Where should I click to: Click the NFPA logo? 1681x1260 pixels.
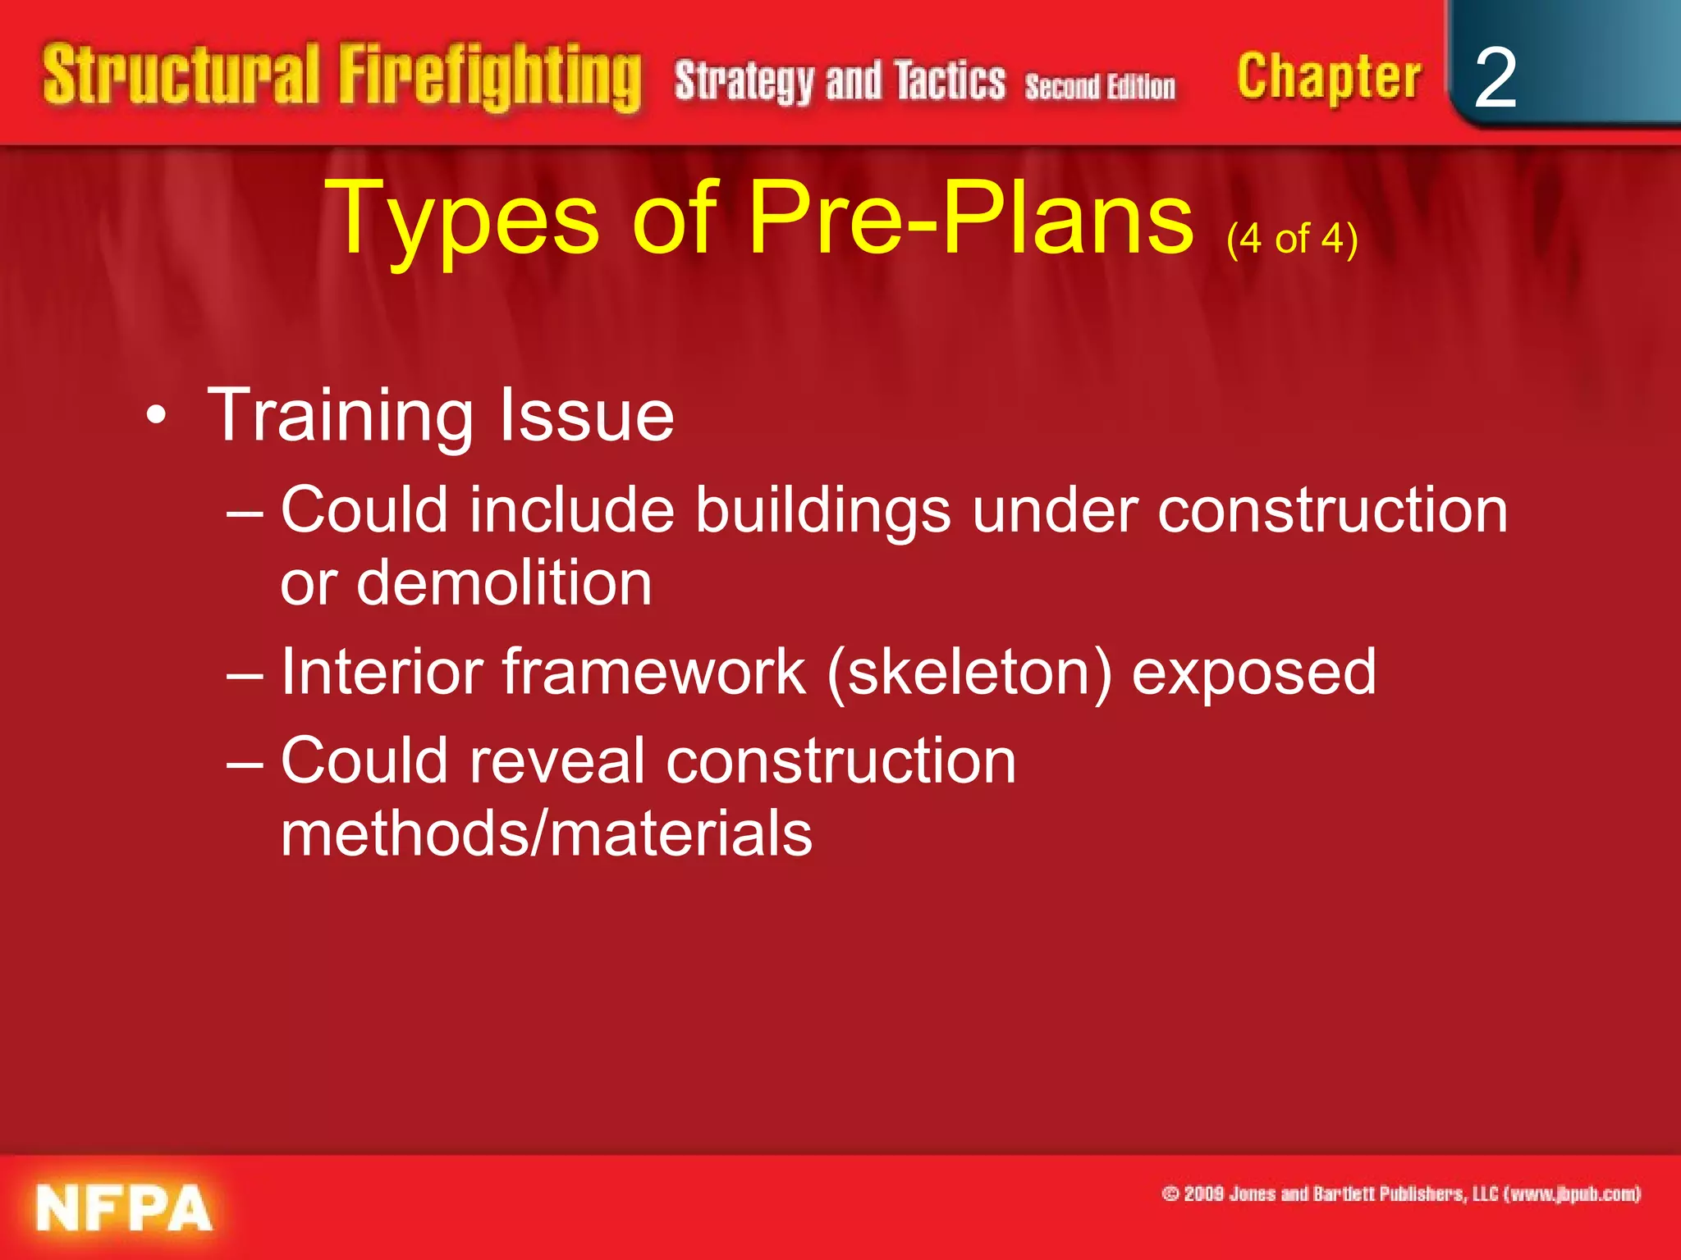click(124, 1208)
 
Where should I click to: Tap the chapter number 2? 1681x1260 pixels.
click(1495, 78)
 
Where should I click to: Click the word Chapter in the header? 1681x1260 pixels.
click(1329, 76)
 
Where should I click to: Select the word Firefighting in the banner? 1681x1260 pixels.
click(490, 77)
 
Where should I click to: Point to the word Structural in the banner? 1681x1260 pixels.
click(181, 75)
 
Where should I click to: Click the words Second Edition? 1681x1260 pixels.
click(1100, 86)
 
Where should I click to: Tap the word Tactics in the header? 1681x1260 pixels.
click(950, 81)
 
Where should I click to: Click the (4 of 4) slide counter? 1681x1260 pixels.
click(1292, 239)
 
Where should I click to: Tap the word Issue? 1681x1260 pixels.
click(587, 415)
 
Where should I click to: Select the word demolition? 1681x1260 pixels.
click(504, 583)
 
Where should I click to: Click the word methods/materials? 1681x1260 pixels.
click(546, 833)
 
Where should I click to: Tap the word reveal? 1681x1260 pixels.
click(557, 760)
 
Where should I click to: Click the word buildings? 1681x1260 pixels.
click(823, 511)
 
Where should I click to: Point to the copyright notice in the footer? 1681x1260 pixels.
click(1400, 1194)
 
